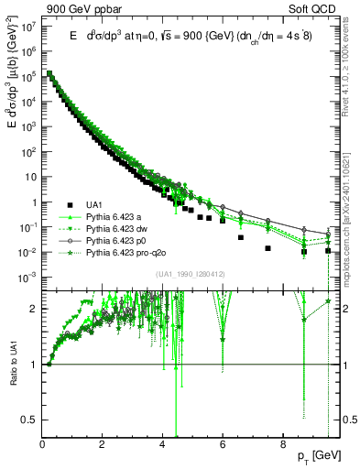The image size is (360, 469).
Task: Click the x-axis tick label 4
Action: click(162, 439)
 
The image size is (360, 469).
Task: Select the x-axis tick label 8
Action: click(282, 439)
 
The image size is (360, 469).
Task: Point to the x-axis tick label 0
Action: click(43, 439)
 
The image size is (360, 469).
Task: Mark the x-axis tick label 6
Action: click(223, 439)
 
